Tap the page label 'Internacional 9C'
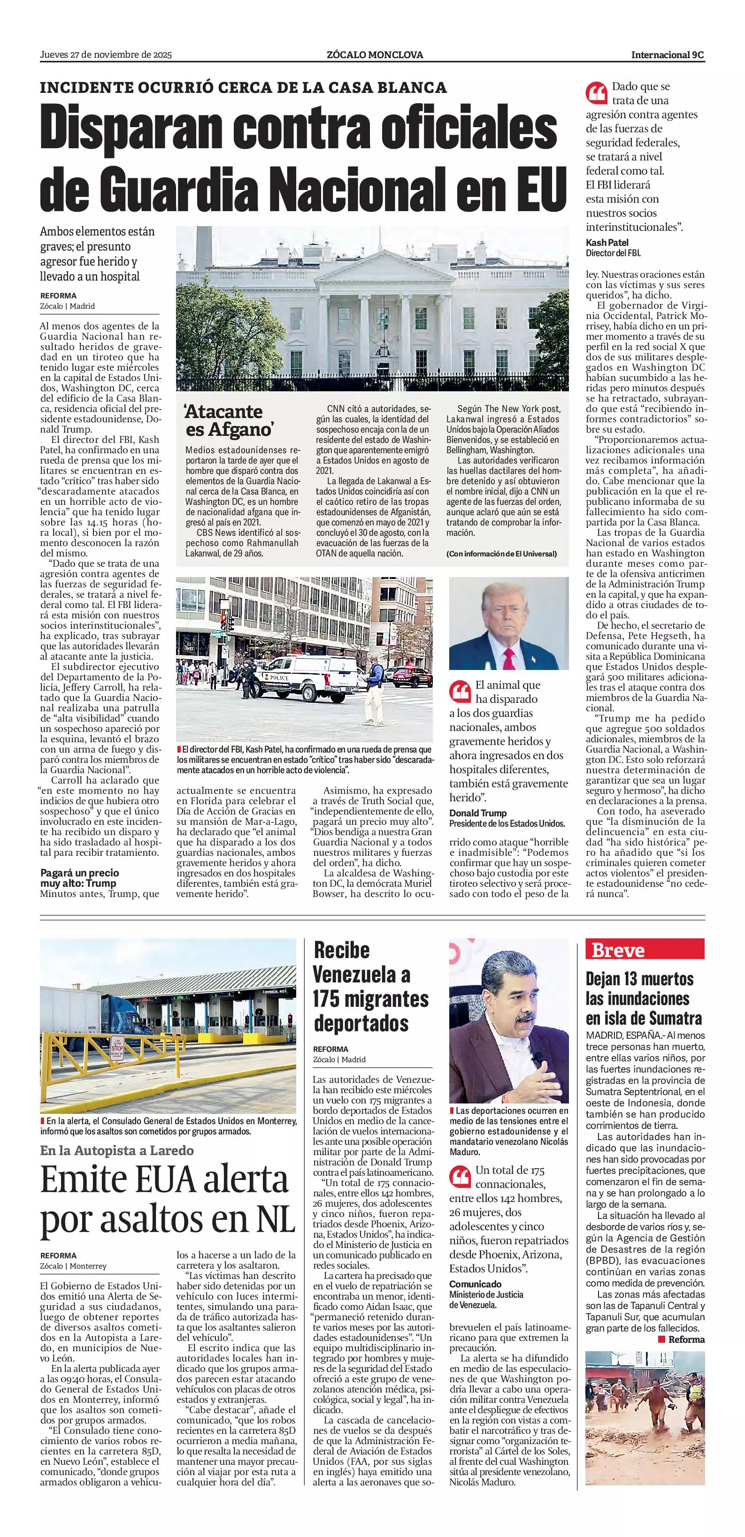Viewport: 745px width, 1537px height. click(x=668, y=55)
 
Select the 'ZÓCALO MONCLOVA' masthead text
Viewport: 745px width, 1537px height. click(x=375, y=55)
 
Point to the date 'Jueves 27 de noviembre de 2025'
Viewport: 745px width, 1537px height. click(x=106, y=55)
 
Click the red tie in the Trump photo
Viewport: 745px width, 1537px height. click(x=508, y=656)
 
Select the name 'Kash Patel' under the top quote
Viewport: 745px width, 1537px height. click(x=607, y=243)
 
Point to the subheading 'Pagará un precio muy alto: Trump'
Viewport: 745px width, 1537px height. click(x=79, y=878)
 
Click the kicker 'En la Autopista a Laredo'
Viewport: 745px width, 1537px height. click(x=117, y=1150)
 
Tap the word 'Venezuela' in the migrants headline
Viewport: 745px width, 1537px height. click(x=361, y=975)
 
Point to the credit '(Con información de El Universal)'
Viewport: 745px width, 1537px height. click(x=501, y=554)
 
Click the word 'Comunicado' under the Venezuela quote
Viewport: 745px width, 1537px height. click(x=475, y=1284)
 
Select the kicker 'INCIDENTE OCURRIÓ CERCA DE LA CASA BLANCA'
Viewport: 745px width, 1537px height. click(x=243, y=88)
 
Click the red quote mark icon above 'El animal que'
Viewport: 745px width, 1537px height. click(x=460, y=691)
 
